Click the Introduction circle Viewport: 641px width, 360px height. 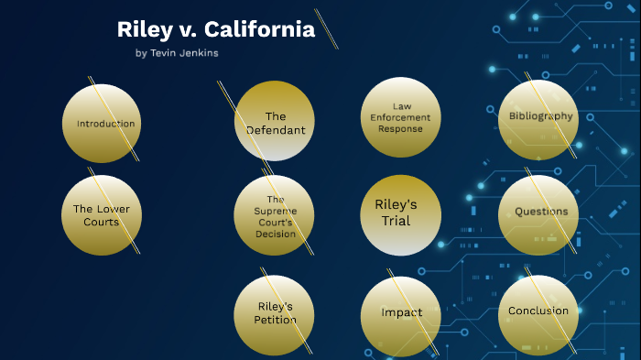point(101,124)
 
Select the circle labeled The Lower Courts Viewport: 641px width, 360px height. point(101,215)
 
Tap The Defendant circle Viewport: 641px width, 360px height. point(275,121)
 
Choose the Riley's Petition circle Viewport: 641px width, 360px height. point(275,313)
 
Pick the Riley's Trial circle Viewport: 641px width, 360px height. point(401,214)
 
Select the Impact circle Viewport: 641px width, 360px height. point(401,313)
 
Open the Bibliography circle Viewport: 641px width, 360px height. point(540,117)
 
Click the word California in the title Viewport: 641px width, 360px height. point(261,30)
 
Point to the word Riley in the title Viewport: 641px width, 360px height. point(141,30)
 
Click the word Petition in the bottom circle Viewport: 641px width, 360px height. point(275,320)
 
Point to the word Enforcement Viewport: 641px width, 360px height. point(401,117)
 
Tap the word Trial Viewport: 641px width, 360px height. point(397,221)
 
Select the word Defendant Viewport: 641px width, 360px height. point(276,130)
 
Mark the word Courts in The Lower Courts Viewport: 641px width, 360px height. point(101,222)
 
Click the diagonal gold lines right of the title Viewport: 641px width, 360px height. point(327,28)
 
